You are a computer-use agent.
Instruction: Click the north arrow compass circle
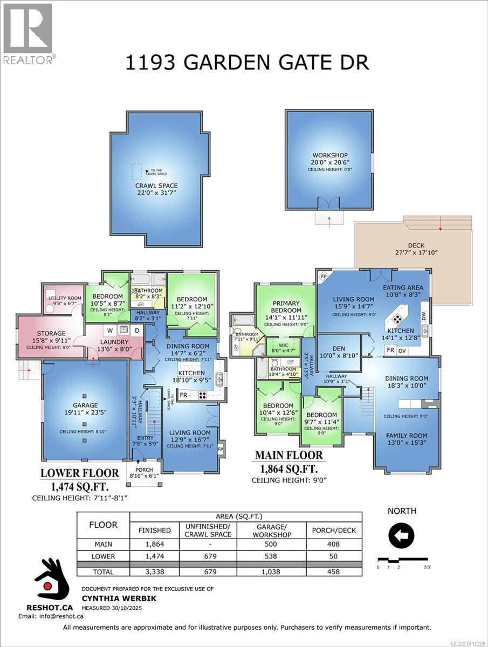click(401, 535)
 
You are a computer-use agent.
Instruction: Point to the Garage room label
click(85, 405)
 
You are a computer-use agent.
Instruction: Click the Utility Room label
click(65, 298)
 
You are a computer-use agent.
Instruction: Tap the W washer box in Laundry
click(109, 330)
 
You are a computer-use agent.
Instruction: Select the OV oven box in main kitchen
click(402, 350)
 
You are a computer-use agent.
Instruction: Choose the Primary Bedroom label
click(286, 307)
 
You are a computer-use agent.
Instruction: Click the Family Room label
click(407, 435)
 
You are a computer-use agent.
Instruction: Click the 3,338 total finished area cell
click(154, 572)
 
